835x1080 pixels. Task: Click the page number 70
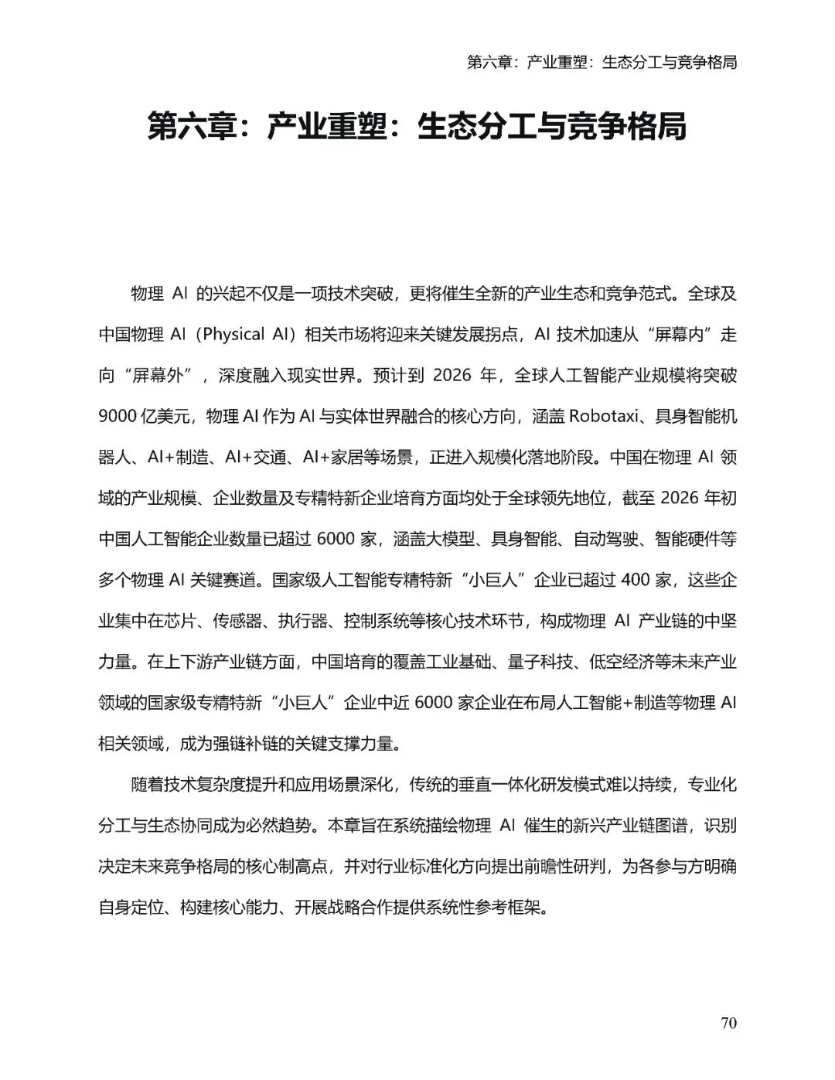click(728, 1023)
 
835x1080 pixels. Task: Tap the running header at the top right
click(602, 62)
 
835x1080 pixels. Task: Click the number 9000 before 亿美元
click(117, 417)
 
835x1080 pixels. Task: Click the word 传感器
click(244, 621)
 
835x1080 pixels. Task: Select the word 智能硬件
click(687, 539)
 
